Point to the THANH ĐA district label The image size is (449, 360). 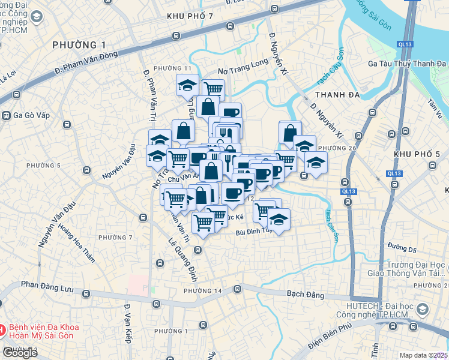(336, 95)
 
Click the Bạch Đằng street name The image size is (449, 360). (306, 295)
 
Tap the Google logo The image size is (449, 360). (19, 353)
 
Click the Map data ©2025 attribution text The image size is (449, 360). (423, 355)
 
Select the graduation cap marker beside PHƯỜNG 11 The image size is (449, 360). (187, 85)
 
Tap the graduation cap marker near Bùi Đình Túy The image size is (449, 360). (279, 219)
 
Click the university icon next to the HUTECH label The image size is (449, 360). (422, 310)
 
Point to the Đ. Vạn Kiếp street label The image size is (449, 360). (127, 325)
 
